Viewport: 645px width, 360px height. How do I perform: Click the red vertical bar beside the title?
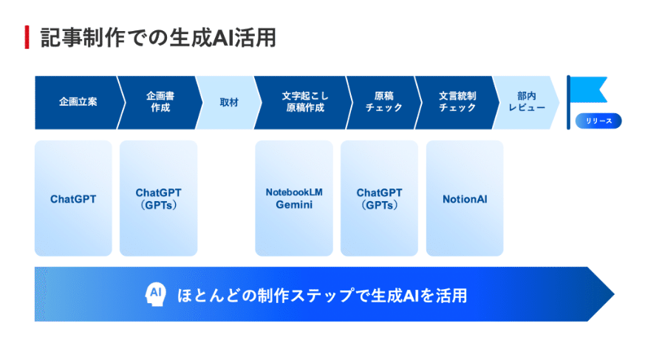tap(27, 37)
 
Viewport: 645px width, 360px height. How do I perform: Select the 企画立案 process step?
tap(78, 102)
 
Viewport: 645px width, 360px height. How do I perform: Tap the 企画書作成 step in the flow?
tap(158, 102)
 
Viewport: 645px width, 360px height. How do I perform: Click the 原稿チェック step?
tap(383, 102)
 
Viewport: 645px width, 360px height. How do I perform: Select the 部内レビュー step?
tap(526, 102)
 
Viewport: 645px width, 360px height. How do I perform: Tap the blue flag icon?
tap(587, 92)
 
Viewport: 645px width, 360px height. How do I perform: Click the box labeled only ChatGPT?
tap(73, 199)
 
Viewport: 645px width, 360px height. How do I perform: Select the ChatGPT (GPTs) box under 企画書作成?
tap(158, 199)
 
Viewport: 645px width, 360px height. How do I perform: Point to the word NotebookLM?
tap(294, 192)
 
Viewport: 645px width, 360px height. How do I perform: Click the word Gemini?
tap(294, 205)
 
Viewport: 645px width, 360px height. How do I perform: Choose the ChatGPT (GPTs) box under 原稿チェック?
tap(379, 199)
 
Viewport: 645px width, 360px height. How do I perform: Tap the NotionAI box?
tap(465, 199)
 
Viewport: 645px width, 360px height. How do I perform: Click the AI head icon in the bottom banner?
tap(155, 294)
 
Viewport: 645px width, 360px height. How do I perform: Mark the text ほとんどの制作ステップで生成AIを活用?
tap(322, 295)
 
